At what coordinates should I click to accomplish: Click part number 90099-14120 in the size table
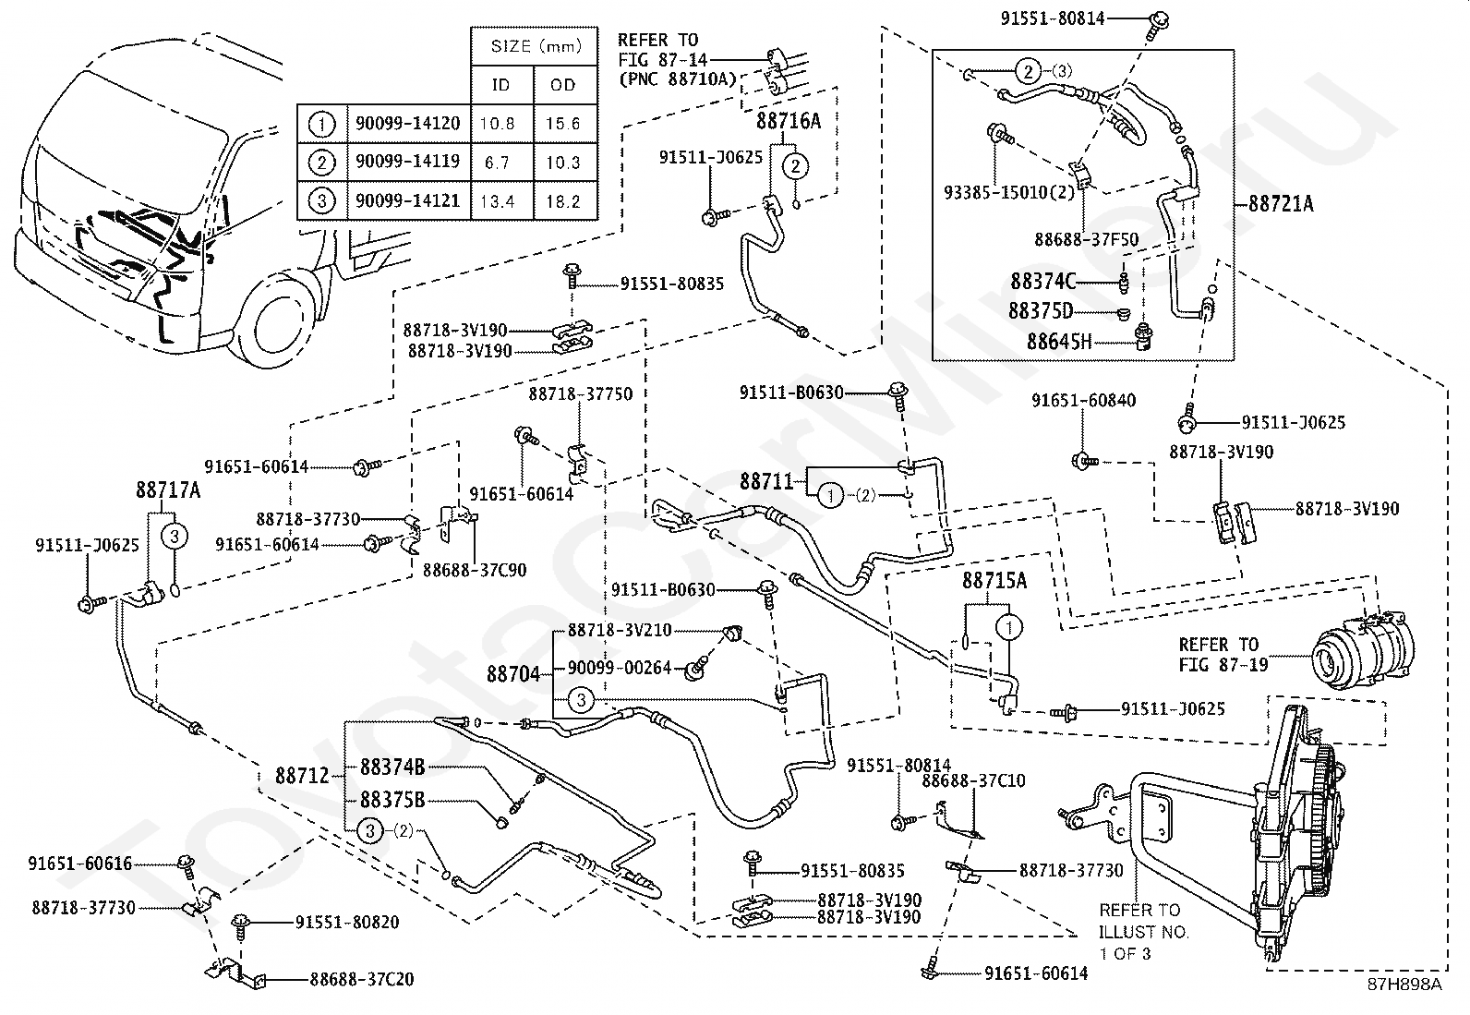(x=407, y=124)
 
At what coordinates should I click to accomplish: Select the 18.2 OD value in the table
(x=563, y=201)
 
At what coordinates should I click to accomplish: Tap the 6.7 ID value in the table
(x=497, y=163)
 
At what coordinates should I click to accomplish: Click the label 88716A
(x=789, y=121)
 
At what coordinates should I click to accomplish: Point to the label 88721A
(x=1281, y=204)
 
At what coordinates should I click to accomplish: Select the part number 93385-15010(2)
(x=1009, y=192)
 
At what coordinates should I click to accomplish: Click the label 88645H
(x=1059, y=342)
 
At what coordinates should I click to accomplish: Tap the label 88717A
(x=168, y=489)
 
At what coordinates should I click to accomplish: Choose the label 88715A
(x=994, y=580)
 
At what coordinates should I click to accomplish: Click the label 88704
(x=513, y=674)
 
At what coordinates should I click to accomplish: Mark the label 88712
(x=302, y=776)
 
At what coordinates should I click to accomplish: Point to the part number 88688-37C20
(x=362, y=980)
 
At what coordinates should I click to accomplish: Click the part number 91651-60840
(x=1083, y=401)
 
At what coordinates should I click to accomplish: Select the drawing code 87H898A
(x=1404, y=1002)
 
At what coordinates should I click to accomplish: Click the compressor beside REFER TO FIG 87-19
(x=1362, y=651)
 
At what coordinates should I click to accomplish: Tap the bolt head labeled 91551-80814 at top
(x=1160, y=18)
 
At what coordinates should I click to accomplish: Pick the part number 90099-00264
(x=620, y=669)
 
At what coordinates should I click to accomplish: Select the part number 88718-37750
(x=581, y=394)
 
